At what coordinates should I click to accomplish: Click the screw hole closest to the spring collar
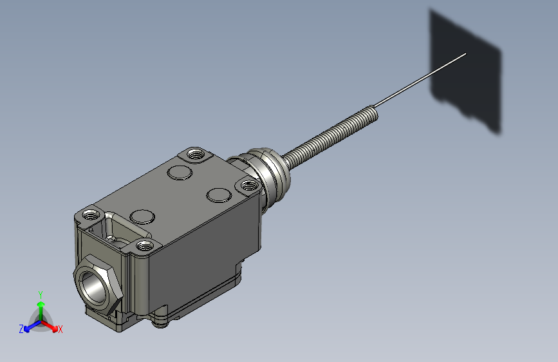(x=248, y=186)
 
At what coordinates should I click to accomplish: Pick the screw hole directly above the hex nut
(x=90, y=214)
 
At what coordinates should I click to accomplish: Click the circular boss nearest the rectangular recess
(x=141, y=216)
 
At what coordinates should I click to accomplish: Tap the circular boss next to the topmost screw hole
(x=180, y=171)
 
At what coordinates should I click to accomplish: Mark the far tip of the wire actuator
(x=465, y=54)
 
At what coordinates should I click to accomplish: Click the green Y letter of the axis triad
(x=41, y=294)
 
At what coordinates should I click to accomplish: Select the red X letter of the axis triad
(x=60, y=330)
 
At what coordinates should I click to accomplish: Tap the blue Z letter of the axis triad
(x=21, y=329)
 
